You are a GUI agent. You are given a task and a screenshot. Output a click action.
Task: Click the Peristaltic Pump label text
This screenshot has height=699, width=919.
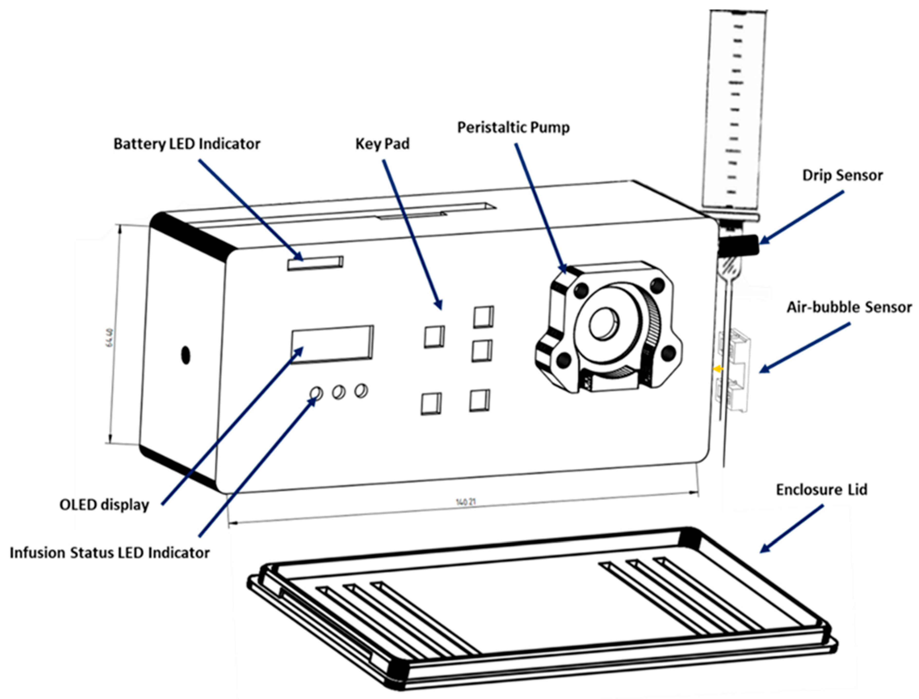point(513,127)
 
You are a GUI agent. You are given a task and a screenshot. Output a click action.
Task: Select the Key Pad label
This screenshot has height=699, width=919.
point(382,144)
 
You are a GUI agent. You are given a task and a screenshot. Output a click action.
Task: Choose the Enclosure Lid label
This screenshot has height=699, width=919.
point(821,490)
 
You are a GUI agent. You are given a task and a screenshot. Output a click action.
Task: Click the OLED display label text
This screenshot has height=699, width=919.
point(104,505)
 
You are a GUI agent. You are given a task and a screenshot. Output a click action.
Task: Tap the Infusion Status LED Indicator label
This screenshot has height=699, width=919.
point(109,553)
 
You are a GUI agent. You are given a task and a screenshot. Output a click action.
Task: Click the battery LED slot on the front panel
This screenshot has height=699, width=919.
point(315,263)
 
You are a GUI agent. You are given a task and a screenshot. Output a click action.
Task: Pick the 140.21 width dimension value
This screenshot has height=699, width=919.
point(466,502)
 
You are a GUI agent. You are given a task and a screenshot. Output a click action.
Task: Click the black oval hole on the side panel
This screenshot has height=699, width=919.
point(186,355)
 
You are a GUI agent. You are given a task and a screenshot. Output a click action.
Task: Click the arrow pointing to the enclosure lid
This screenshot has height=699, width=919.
point(791,529)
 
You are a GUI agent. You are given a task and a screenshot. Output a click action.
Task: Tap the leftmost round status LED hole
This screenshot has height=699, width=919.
point(316,393)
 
